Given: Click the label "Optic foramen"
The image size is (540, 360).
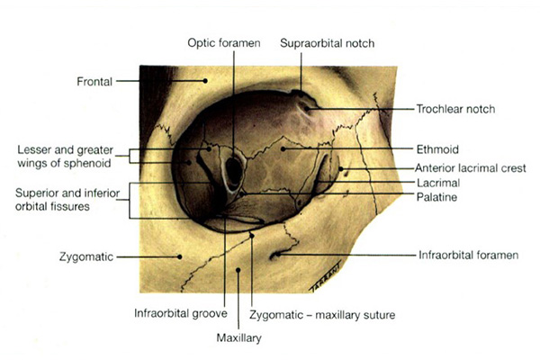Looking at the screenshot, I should tap(223, 43).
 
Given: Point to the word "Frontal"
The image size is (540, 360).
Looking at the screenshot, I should tap(94, 82).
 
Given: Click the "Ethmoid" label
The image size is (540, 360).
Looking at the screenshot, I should tap(436, 148).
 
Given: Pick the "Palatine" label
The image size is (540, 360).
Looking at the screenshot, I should tap(436, 196).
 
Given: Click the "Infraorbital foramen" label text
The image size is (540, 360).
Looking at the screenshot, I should tap(469, 255).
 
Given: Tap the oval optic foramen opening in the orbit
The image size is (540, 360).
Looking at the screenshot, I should tap(233, 170).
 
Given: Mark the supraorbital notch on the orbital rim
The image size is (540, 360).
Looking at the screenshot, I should tap(301, 92).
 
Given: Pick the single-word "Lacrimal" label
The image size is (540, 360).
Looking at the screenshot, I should tap(436, 182).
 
